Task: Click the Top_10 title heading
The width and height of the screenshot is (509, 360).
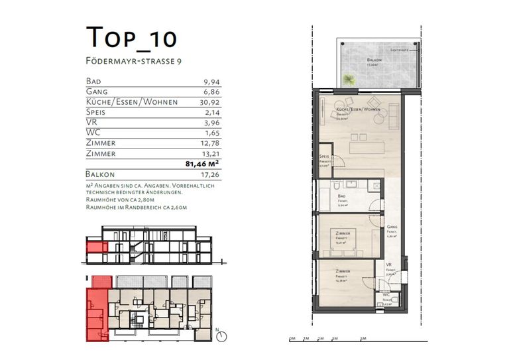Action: (x=131, y=38)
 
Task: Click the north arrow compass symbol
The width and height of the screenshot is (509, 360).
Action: (x=222, y=335)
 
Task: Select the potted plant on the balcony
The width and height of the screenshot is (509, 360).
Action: (x=348, y=80)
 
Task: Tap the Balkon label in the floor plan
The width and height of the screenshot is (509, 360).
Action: (x=374, y=60)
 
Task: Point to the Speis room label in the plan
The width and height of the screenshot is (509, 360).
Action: (x=324, y=158)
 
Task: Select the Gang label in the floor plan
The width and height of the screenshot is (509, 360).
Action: (x=392, y=227)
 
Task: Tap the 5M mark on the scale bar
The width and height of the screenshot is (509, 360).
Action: (x=363, y=339)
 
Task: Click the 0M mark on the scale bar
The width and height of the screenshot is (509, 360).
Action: (x=292, y=339)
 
